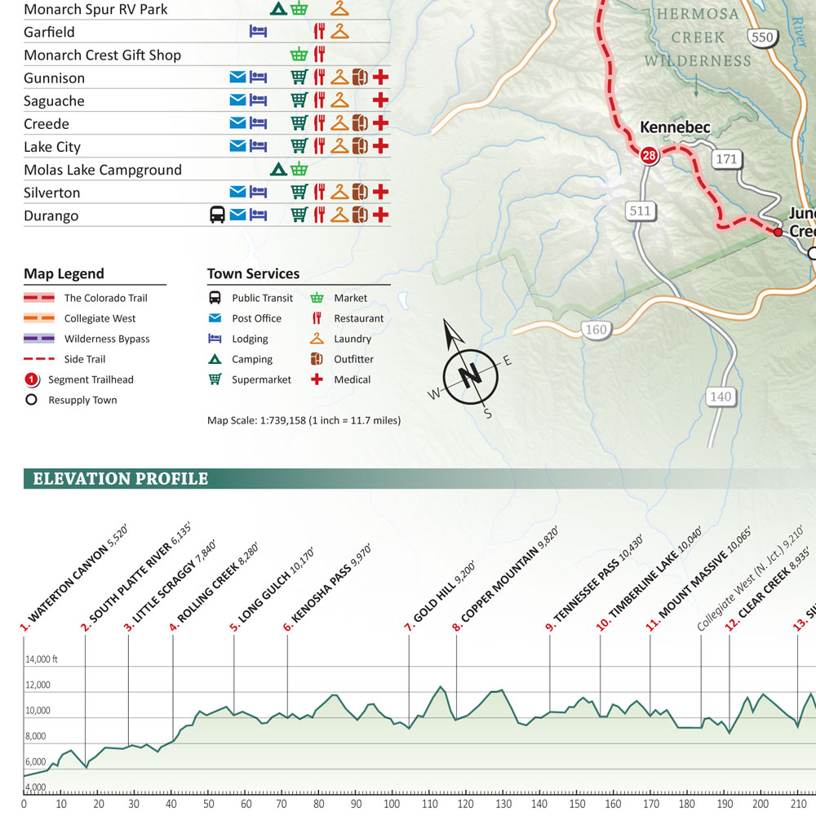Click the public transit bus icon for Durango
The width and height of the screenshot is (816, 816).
217,215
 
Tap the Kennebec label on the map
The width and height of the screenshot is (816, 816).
675,127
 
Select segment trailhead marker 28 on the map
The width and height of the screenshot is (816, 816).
649,155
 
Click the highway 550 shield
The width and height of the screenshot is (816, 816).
762,37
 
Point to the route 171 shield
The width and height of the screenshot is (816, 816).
726,158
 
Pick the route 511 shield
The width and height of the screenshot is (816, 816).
641,211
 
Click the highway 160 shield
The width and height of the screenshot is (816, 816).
596,330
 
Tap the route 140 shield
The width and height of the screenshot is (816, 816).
721,397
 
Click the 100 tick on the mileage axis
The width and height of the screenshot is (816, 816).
392,804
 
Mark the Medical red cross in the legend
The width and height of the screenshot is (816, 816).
317,379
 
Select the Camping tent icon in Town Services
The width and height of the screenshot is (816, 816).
215,359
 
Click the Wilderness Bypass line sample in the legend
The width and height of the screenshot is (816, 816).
39,339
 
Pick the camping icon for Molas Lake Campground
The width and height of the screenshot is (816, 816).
277,170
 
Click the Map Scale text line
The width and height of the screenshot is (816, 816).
304,421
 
